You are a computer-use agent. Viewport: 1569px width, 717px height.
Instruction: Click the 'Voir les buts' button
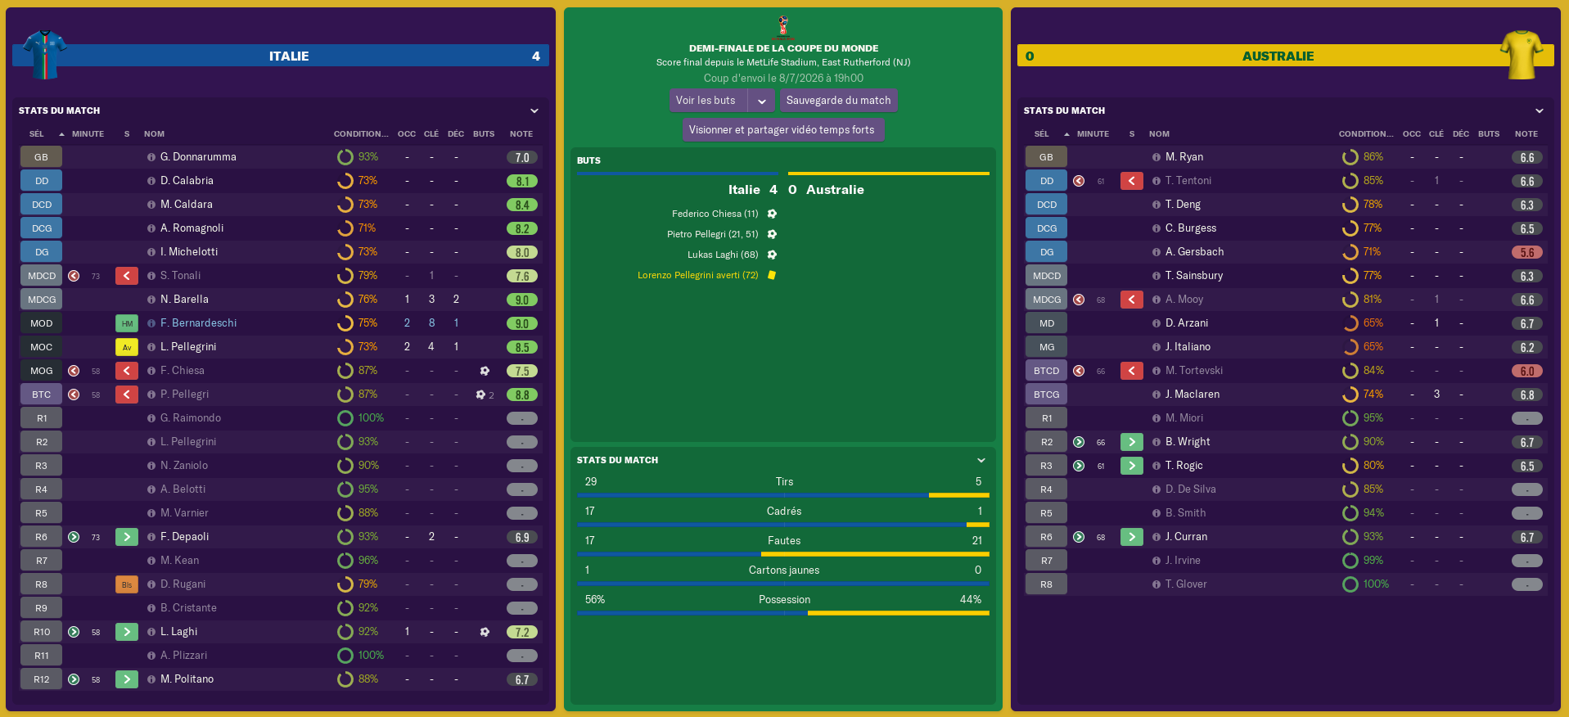pos(706,101)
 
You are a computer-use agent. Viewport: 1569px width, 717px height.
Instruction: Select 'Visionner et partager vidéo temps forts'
pos(782,130)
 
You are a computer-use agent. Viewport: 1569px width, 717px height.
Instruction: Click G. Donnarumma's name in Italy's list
pos(198,157)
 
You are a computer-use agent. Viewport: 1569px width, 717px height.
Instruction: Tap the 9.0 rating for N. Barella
pos(522,300)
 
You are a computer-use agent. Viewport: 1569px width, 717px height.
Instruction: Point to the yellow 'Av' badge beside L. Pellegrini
pos(127,347)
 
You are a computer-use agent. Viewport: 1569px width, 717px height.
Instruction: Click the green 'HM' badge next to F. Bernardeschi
pos(127,323)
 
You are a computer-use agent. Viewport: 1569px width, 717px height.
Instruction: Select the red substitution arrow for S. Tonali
pos(127,276)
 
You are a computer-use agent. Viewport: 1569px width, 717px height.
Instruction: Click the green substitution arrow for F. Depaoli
pos(127,537)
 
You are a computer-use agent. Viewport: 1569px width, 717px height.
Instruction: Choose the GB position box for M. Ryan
pos(1046,157)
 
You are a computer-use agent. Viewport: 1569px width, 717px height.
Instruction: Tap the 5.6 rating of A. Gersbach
pos(1526,253)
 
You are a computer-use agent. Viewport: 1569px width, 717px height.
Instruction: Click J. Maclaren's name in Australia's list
pos(1193,395)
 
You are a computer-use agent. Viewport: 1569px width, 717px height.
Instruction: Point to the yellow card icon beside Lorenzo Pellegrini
pos(772,275)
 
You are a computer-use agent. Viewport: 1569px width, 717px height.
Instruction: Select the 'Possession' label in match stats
pos(784,600)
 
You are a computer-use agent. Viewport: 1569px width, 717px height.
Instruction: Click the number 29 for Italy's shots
pos(591,482)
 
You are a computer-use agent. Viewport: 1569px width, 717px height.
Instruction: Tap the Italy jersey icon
pos(44,54)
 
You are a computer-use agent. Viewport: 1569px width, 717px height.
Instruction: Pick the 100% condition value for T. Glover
pos(1376,584)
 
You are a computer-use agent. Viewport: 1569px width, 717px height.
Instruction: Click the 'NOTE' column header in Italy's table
pos(521,134)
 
